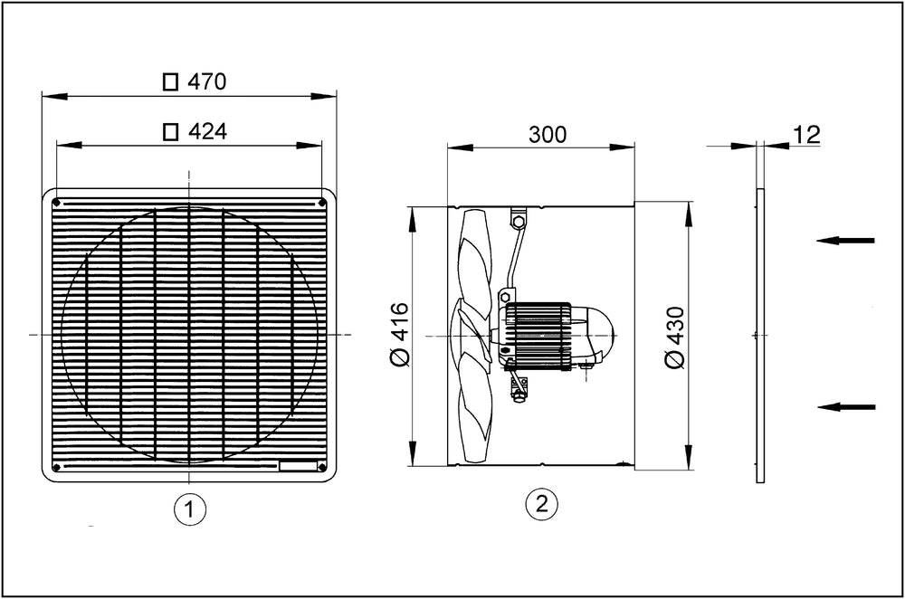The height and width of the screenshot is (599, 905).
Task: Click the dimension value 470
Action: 207,82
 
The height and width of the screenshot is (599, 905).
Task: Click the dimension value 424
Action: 207,132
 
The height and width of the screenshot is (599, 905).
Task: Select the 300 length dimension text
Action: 548,135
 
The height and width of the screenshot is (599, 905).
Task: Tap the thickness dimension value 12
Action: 806,135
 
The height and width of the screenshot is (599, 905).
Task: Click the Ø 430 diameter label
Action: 675,337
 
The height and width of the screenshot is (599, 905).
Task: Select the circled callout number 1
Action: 189,509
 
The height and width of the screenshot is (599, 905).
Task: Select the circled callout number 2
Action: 541,504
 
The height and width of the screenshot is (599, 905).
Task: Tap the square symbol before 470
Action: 170,82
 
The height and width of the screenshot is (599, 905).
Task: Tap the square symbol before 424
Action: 170,132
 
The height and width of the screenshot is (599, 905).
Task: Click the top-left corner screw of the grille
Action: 56,202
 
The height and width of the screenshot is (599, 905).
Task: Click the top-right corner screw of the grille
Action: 322,203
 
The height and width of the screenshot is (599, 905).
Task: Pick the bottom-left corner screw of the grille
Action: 56,467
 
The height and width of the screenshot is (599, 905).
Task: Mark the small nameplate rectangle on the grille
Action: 298,466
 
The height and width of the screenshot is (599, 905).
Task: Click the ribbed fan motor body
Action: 538,336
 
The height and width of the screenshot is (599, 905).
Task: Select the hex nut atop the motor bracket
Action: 518,221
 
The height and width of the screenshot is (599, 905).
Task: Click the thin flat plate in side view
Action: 760,336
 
